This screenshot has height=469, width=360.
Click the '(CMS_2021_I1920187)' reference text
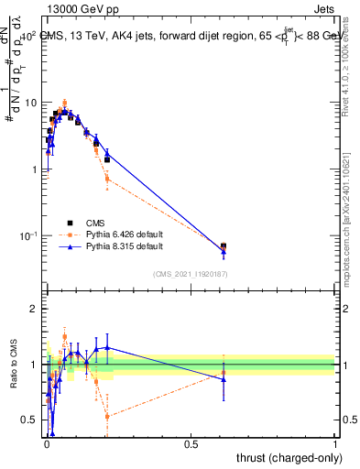(x=190, y=274)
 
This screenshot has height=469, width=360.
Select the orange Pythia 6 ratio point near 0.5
(x=107, y=417)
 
